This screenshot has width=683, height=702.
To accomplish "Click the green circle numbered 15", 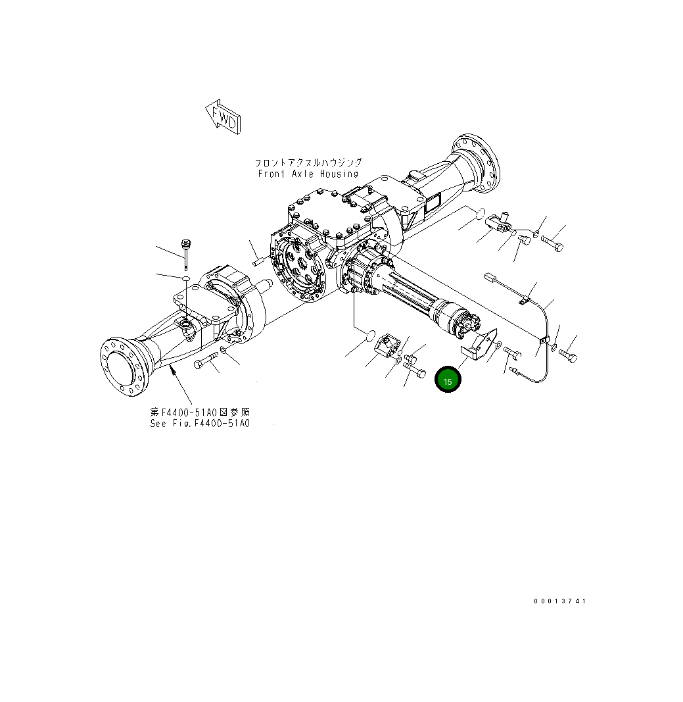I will click(448, 380).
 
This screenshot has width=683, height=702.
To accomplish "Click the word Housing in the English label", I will click(339, 174).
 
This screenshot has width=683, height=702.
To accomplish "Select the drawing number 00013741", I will click(559, 601).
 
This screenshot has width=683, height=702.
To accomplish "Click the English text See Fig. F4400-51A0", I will click(200, 423).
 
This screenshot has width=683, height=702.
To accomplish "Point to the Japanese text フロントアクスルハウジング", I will click(308, 162).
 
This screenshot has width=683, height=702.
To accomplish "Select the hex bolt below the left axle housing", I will click(206, 361).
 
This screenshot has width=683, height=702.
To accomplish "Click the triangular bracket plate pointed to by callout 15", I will click(482, 345).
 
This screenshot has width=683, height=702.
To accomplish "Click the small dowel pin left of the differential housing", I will click(258, 262).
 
